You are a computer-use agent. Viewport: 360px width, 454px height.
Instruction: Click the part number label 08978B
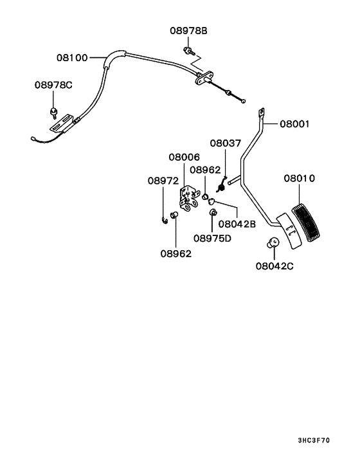click(188, 31)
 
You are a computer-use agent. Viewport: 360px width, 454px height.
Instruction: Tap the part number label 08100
click(72, 58)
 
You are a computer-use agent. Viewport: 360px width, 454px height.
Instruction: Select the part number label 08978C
click(53, 85)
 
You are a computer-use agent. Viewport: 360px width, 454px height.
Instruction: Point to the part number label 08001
click(294, 124)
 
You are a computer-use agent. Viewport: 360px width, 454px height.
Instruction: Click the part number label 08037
click(226, 143)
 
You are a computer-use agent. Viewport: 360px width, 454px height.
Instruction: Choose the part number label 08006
click(184, 157)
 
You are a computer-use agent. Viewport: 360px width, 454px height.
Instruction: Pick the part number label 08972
click(163, 181)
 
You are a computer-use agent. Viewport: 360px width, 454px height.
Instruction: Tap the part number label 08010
click(299, 178)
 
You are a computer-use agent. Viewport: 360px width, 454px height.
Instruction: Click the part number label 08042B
click(237, 224)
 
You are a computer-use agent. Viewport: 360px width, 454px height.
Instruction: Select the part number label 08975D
click(212, 239)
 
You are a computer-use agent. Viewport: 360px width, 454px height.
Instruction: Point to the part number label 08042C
click(274, 266)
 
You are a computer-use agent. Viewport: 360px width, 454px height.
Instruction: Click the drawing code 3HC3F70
click(314, 440)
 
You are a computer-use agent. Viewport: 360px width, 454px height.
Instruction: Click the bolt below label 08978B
click(189, 51)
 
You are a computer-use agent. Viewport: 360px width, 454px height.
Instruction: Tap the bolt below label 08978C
click(53, 113)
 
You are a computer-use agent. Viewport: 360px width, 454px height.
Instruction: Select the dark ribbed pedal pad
click(306, 222)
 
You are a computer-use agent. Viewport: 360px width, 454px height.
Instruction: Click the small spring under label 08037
click(222, 185)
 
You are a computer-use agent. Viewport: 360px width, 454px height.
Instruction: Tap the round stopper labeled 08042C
click(273, 242)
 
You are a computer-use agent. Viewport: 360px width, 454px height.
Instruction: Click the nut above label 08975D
click(212, 212)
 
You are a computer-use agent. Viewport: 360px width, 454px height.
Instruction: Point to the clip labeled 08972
click(165, 221)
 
